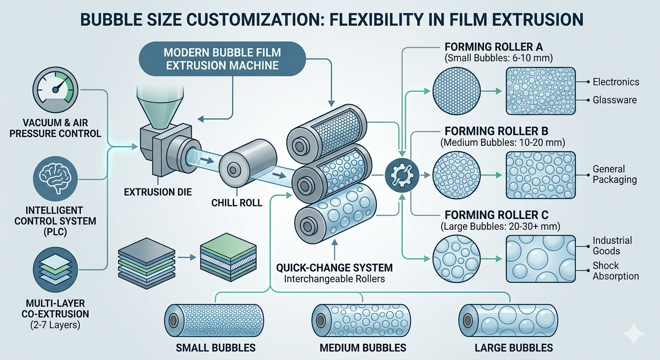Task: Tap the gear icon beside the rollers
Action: click(398, 175)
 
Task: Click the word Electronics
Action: click(615, 82)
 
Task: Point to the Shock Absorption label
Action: click(615, 271)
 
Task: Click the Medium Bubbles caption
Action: click(362, 348)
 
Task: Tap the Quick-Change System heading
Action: click(335, 268)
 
